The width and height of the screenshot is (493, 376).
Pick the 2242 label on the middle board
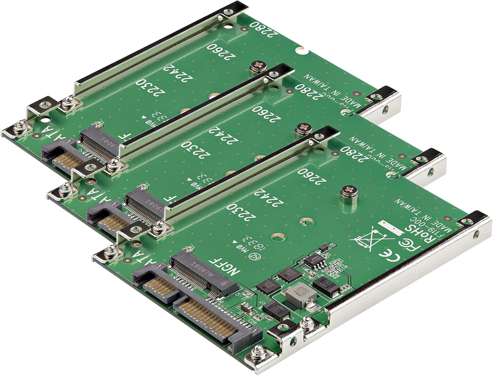(x=224, y=135)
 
